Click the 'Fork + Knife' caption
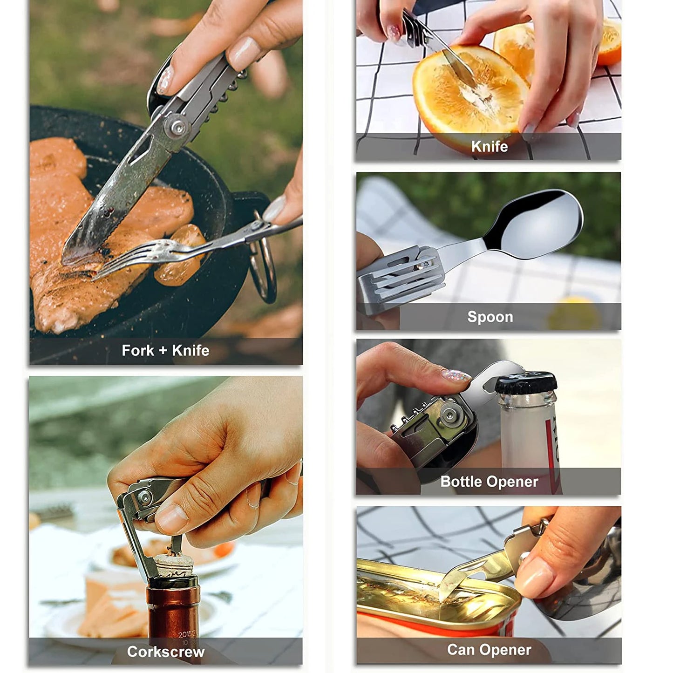[x=165, y=350]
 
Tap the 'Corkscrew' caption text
[x=165, y=651]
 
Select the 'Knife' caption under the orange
[x=489, y=146]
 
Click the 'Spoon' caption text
[x=490, y=317]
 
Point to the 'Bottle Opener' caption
[x=489, y=481]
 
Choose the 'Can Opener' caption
[x=489, y=649]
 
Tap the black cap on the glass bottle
[x=525, y=383]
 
